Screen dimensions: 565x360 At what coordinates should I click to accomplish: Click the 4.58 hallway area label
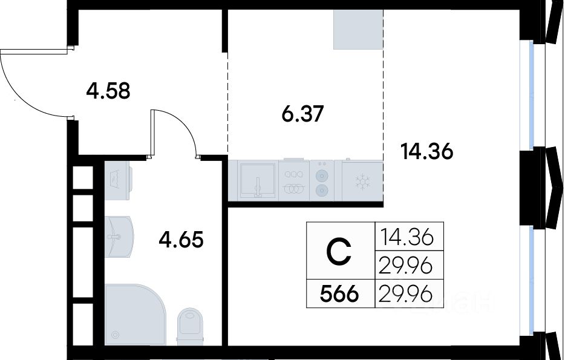coord(108,91)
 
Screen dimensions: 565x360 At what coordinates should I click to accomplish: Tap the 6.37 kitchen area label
coord(302,114)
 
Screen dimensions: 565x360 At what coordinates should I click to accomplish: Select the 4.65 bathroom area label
coord(181,240)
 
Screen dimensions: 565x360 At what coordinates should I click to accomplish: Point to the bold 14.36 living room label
coord(427,151)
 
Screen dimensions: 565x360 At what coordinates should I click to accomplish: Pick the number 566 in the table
coord(339,294)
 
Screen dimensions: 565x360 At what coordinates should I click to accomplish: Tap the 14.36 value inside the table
coord(407,237)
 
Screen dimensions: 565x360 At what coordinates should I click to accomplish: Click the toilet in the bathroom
coord(191,325)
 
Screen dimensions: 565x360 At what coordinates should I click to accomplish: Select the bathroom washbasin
coord(119,237)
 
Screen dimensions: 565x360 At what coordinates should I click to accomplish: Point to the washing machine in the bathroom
coord(118,180)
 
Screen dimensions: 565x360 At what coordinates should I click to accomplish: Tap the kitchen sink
coord(258,180)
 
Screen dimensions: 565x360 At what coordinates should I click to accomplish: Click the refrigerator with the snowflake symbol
coord(362,180)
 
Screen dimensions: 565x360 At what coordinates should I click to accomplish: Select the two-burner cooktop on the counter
coord(322,180)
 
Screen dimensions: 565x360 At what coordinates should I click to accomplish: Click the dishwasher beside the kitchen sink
coord(294,180)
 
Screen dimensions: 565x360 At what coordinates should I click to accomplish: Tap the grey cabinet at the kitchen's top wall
coord(358,30)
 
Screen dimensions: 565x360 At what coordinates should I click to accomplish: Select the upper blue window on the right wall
coord(532,95)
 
